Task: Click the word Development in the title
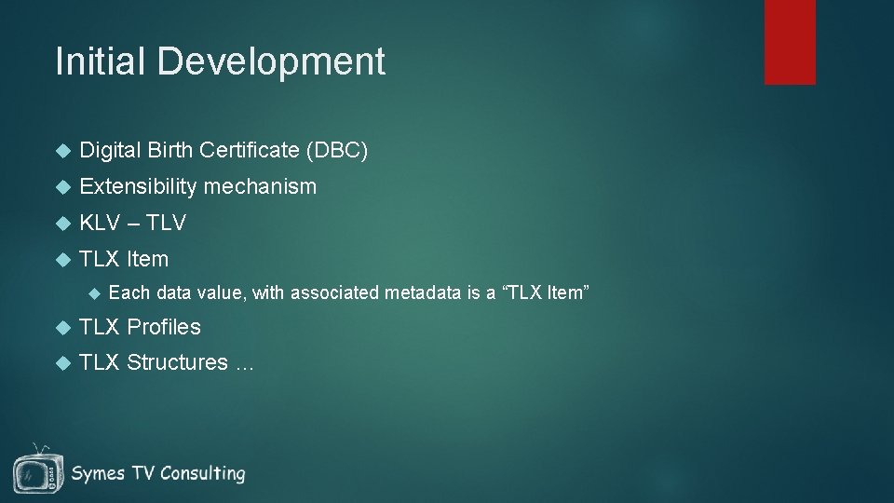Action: pyautogui.click(x=271, y=61)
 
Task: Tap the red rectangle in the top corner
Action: pyautogui.click(x=790, y=42)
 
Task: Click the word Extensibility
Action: pyautogui.click(x=139, y=186)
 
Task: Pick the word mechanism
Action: pyautogui.click(x=260, y=186)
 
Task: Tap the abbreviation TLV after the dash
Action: pyautogui.click(x=166, y=223)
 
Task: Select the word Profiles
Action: pyautogui.click(x=164, y=327)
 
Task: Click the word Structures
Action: pyautogui.click(x=177, y=362)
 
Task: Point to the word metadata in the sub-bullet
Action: pyautogui.click(x=420, y=293)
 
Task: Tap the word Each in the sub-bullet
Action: pyautogui.click(x=129, y=293)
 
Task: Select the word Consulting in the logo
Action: pyautogui.click(x=202, y=473)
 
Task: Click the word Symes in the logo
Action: pyautogui.click(x=97, y=473)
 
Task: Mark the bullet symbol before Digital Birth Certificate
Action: pyautogui.click(x=62, y=150)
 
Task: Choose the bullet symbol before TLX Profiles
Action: pyautogui.click(x=62, y=327)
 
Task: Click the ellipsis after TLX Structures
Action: pyautogui.click(x=244, y=365)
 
